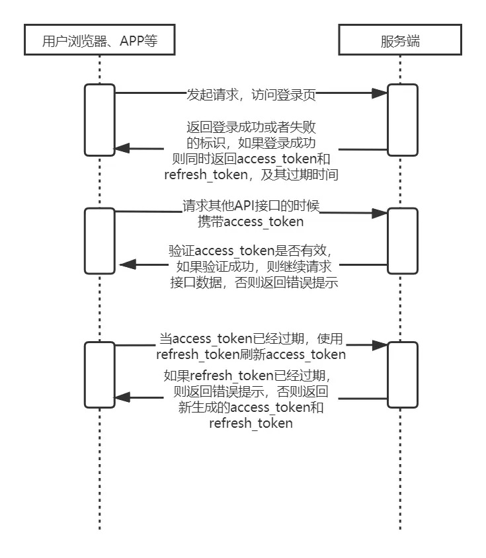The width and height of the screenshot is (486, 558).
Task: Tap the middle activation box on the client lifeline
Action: tap(99, 240)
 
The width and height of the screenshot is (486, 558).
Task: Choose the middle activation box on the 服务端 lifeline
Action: tap(402, 240)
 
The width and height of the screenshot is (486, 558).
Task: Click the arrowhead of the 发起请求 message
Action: tap(380, 94)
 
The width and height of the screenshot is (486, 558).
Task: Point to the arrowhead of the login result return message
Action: tap(122, 149)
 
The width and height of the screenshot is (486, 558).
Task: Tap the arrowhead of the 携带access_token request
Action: tap(380, 213)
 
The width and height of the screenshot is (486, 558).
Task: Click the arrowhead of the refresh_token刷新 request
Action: tap(380, 344)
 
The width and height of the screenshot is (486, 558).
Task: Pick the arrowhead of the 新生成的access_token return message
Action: tap(122, 397)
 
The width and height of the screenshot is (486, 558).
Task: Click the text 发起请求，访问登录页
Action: tap(251, 95)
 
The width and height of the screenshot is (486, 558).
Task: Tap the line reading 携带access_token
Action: tap(251, 221)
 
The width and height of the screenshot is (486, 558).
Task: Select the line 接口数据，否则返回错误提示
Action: tap(251, 281)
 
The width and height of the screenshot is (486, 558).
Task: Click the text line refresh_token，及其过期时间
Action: tap(251, 175)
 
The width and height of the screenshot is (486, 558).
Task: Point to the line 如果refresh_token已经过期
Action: tap(251, 376)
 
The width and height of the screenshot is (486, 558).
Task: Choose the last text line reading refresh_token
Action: tap(251, 423)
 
